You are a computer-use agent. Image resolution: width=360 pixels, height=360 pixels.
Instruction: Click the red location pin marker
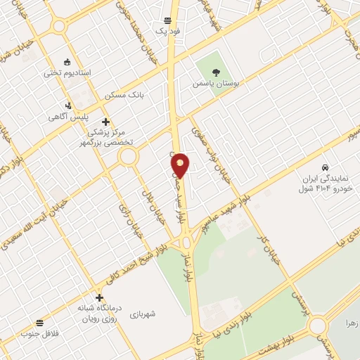click(x=181, y=165)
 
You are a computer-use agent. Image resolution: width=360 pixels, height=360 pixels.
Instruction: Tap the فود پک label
click(x=168, y=32)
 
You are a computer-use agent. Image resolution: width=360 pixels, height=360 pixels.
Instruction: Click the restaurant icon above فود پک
click(x=168, y=20)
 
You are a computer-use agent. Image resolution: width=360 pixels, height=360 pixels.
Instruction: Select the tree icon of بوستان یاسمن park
click(x=216, y=70)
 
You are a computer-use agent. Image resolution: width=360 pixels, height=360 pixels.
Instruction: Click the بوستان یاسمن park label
click(x=216, y=83)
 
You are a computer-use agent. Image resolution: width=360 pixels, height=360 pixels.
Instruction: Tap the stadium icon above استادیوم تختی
click(x=67, y=61)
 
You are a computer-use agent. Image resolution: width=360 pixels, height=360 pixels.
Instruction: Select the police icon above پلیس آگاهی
click(x=67, y=105)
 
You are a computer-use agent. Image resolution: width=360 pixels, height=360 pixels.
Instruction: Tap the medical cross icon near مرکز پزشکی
click(x=105, y=121)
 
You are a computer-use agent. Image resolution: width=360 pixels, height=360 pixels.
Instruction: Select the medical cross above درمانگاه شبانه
click(x=98, y=297)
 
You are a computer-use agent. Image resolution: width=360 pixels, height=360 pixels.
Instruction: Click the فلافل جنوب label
click(x=38, y=333)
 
